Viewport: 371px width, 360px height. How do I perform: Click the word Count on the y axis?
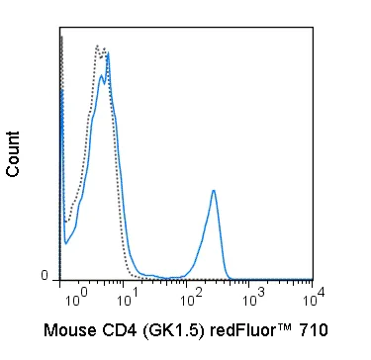14,152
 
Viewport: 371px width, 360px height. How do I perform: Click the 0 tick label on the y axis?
44,274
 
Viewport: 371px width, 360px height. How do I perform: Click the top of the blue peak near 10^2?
214,191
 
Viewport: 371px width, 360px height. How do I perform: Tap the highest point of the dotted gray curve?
98,45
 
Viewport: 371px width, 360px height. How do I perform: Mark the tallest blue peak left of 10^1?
107,53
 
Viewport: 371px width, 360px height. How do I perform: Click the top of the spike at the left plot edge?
60,38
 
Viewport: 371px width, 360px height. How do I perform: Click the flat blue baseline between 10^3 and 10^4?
282,281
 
